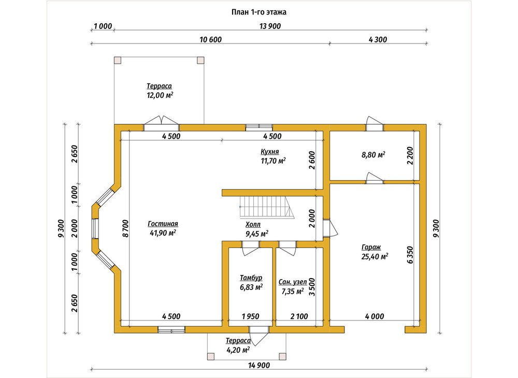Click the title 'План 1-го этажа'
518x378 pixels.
point(258,12)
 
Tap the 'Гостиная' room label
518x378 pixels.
point(163,224)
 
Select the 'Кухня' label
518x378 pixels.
point(269,152)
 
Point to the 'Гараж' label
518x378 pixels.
point(371,248)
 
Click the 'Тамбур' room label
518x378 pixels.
point(251,278)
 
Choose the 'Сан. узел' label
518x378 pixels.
point(293,282)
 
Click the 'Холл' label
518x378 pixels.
point(253,225)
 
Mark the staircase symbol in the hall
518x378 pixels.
point(267,207)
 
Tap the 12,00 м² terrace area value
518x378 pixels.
point(160,96)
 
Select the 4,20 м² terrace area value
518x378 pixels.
point(238,350)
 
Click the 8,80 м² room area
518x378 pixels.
point(373,155)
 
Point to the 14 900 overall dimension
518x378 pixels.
point(259,365)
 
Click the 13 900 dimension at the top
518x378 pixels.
point(270,26)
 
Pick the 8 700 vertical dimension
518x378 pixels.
point(125,228)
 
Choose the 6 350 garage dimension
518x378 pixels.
point(410,255)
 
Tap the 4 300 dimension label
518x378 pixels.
point(378,40)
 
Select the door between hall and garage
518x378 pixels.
point(330,228)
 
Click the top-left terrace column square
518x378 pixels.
point(118,60)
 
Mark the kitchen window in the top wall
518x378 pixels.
point(259,127)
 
